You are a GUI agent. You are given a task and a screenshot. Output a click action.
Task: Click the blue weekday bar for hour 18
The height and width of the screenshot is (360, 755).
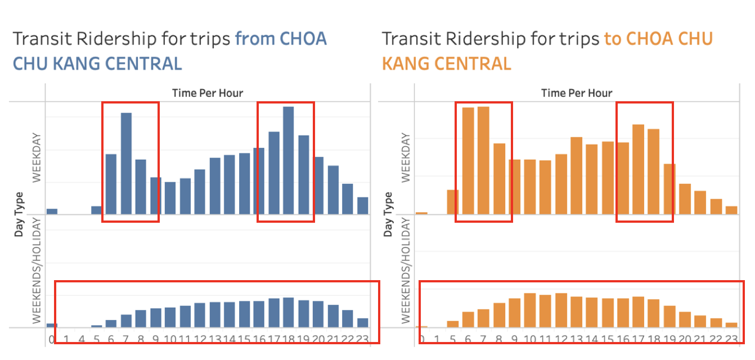(289, 160)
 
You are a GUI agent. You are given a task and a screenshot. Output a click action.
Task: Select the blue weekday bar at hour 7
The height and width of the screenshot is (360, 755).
(126, 163)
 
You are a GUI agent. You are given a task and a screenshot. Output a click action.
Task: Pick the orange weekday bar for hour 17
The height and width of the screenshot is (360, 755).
(638, 169)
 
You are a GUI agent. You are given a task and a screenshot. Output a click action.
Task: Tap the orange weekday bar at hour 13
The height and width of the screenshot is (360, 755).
(576, 175)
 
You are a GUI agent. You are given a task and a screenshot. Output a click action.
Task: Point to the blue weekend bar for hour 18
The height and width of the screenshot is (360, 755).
(289, 312)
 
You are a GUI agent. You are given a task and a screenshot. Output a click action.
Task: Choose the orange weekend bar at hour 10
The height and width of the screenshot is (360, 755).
(529, 310)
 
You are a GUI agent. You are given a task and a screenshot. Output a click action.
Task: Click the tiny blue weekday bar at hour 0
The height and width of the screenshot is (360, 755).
(52, 211)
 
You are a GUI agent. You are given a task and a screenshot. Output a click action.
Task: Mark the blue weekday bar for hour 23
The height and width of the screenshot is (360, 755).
(363, 205)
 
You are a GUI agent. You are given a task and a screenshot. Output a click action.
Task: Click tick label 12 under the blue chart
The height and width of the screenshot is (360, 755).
(199, 339)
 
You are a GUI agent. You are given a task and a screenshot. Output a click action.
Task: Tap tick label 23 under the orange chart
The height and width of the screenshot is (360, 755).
(731, 339)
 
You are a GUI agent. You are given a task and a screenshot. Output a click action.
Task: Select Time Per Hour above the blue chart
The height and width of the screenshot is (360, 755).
(208, 93)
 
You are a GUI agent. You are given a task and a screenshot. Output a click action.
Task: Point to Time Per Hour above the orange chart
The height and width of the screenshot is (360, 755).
(577, 93)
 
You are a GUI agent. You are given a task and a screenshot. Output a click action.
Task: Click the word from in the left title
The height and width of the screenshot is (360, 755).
(254, 39)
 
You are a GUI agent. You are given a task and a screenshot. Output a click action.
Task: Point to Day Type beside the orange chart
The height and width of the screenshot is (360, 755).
(388, 214)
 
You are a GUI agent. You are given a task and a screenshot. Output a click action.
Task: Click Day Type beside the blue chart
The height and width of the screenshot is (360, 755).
(19, 214)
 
